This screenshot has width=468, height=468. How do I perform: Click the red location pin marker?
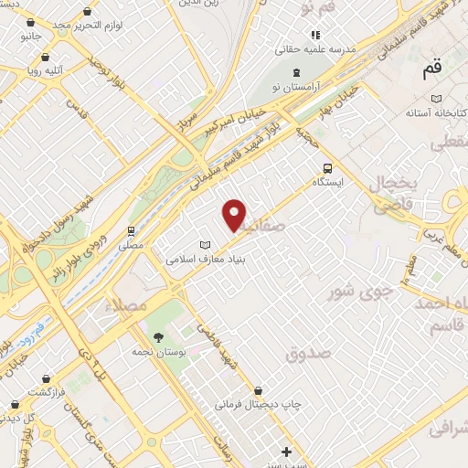[235, 215]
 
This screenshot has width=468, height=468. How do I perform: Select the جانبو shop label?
[32, 37]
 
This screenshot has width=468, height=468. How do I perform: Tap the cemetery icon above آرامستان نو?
[295, 71]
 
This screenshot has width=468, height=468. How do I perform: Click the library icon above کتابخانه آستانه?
[437, 98]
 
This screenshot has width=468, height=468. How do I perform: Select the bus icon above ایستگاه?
[326, 167]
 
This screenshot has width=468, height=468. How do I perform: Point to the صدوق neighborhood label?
[306, 353]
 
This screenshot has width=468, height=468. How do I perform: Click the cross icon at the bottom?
[287, 452]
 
